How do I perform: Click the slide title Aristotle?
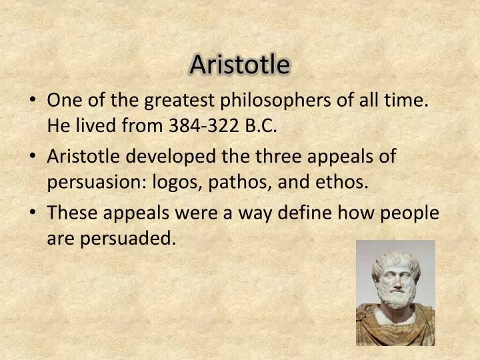(240, 65)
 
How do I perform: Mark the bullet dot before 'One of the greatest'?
(33, 101)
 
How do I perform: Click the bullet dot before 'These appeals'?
(33, 213)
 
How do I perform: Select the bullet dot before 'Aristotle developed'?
(33, 157)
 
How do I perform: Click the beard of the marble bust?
(396, 297)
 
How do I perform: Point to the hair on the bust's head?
(395, 257)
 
